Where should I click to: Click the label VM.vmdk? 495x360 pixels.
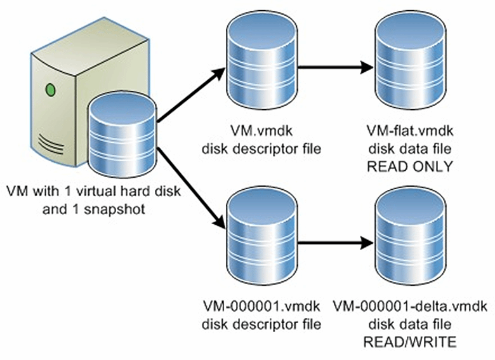tap(262, 133)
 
